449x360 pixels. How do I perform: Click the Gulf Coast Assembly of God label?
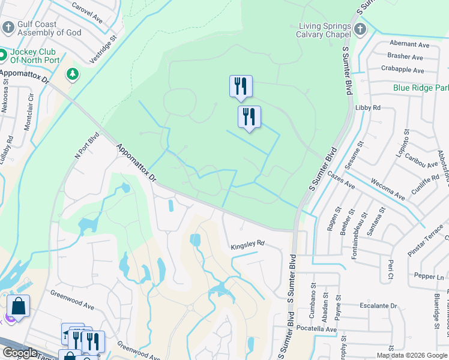point(45,29)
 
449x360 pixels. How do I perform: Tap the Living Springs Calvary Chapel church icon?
point(360,29)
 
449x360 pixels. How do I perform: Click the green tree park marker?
point(72,74)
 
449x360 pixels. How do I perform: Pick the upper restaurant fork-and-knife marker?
point(241,86)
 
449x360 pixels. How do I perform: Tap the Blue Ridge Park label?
point(421,88)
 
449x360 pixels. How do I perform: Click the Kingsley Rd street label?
point(247,245)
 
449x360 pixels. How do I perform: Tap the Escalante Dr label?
point(378,305)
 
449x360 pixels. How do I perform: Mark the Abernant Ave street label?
point(409,44)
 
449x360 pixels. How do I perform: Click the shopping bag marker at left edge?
point(18,306)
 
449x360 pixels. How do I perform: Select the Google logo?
point(20,353)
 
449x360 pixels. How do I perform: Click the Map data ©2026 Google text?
point(412,355)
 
